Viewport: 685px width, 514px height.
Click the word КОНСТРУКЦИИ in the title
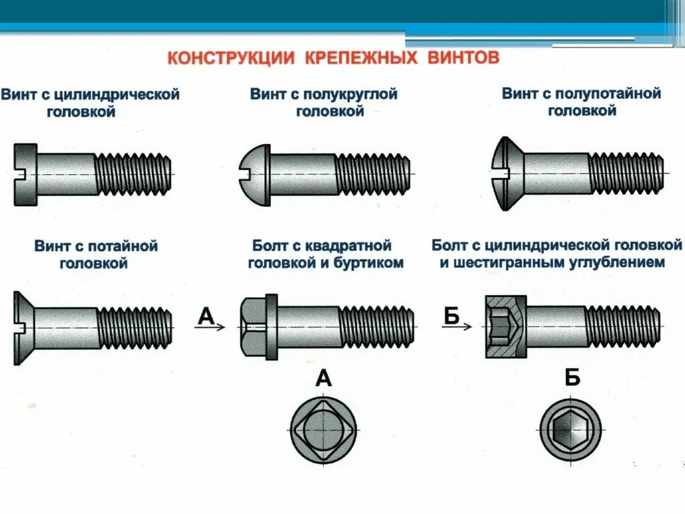pyautogui.click(x=230, y=58)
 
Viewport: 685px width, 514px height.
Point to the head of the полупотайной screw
pyautogui.click(x=507, y=174)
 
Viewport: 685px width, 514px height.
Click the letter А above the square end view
pyautogui.click(x=323, y=379)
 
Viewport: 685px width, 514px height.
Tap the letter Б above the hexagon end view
pyautogui.click(x=572, y=379)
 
